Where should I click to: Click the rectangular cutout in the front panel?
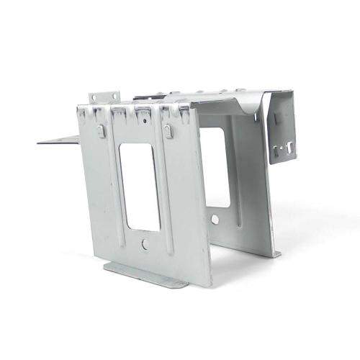pyautogui.click(x=140, y=186)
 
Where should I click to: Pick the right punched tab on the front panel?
pyautogui.click(x=168, y=131)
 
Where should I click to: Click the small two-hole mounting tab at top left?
pyautogui.click(x=104, y=98)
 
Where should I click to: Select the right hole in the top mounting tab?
pyautogui.click(x=113, y=95)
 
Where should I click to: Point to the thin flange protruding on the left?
pyautogui.click(x=58, y=138)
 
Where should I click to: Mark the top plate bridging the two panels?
pyautogui.click(x=209, y=101)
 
